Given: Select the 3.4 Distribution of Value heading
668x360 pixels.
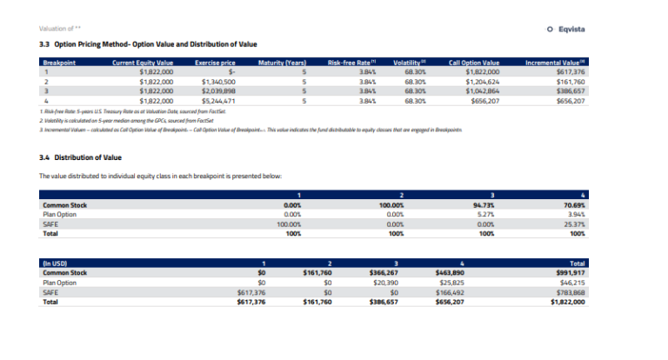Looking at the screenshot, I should (81, 157).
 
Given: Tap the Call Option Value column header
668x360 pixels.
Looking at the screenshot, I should (473, 63).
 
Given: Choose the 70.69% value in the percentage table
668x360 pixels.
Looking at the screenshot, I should (571, 205).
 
